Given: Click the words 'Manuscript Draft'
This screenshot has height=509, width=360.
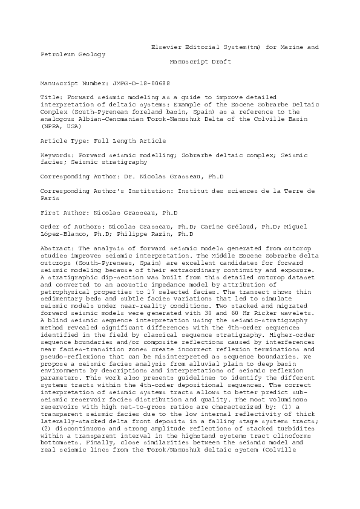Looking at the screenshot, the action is (200, 62).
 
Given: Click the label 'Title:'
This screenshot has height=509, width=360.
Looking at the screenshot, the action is (51, 97).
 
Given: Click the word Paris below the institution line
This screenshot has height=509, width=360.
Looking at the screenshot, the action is (49, 198).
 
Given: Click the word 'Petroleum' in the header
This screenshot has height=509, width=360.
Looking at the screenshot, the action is (58, 54).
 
